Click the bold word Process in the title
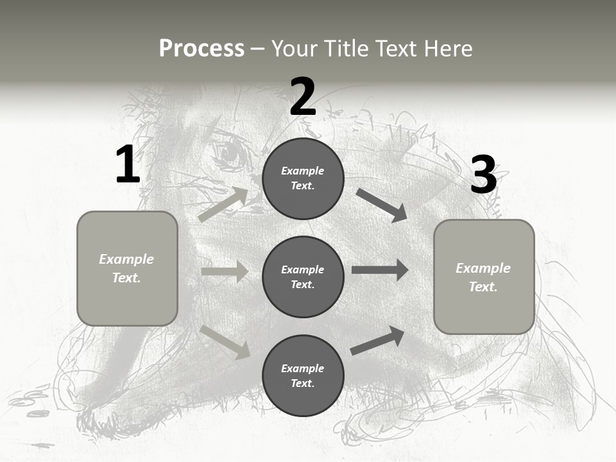click(201, 48)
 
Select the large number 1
click(128, 164)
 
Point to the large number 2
click(303, 96)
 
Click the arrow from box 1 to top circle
click(223, 204)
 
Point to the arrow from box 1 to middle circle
click(225, 271)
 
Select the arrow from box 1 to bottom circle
click(225, 342)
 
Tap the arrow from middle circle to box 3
click(380, 269)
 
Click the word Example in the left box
click(126, 259)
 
